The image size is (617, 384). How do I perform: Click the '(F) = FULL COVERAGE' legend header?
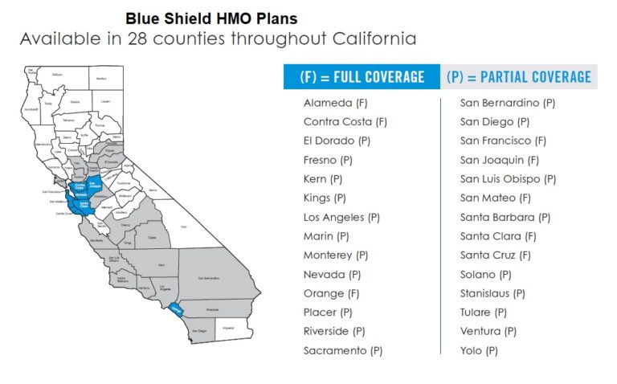tap(362, 77)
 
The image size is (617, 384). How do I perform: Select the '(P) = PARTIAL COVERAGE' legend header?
tap(518, 77)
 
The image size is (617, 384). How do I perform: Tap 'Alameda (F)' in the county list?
tap(336, 103)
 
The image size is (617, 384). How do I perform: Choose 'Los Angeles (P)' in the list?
tap(341, 218)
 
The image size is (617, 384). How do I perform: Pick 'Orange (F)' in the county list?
tap(331, 293)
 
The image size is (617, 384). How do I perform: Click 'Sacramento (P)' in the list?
tap(342, 350)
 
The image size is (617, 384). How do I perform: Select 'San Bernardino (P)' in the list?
tap(507, 103)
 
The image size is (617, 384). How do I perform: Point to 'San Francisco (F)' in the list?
tap(503, 141)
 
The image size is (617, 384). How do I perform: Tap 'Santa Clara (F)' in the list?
tap(498, 236)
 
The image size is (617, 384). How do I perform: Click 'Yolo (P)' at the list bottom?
tap(479, 350)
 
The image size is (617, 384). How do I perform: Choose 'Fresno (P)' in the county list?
tap(328, 160)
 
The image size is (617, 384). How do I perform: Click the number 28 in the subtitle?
tap(139, 39)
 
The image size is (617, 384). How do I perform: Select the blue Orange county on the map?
tap(177, 308)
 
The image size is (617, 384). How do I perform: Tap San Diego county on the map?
tap(201, 329)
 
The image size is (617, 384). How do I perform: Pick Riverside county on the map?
tap(213, 308)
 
